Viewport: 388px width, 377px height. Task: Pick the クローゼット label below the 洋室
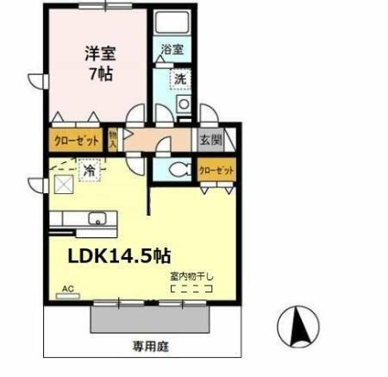pos(75,139)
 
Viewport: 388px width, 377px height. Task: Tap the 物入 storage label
pos(112,139)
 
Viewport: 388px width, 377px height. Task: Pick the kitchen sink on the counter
pos(97,217)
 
